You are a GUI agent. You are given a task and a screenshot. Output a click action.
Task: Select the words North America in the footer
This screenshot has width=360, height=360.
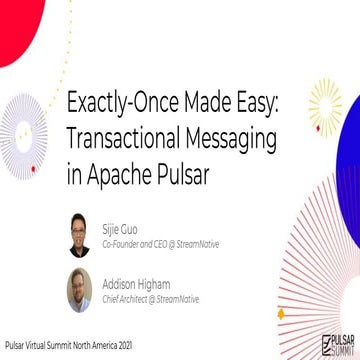[102, 349]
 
